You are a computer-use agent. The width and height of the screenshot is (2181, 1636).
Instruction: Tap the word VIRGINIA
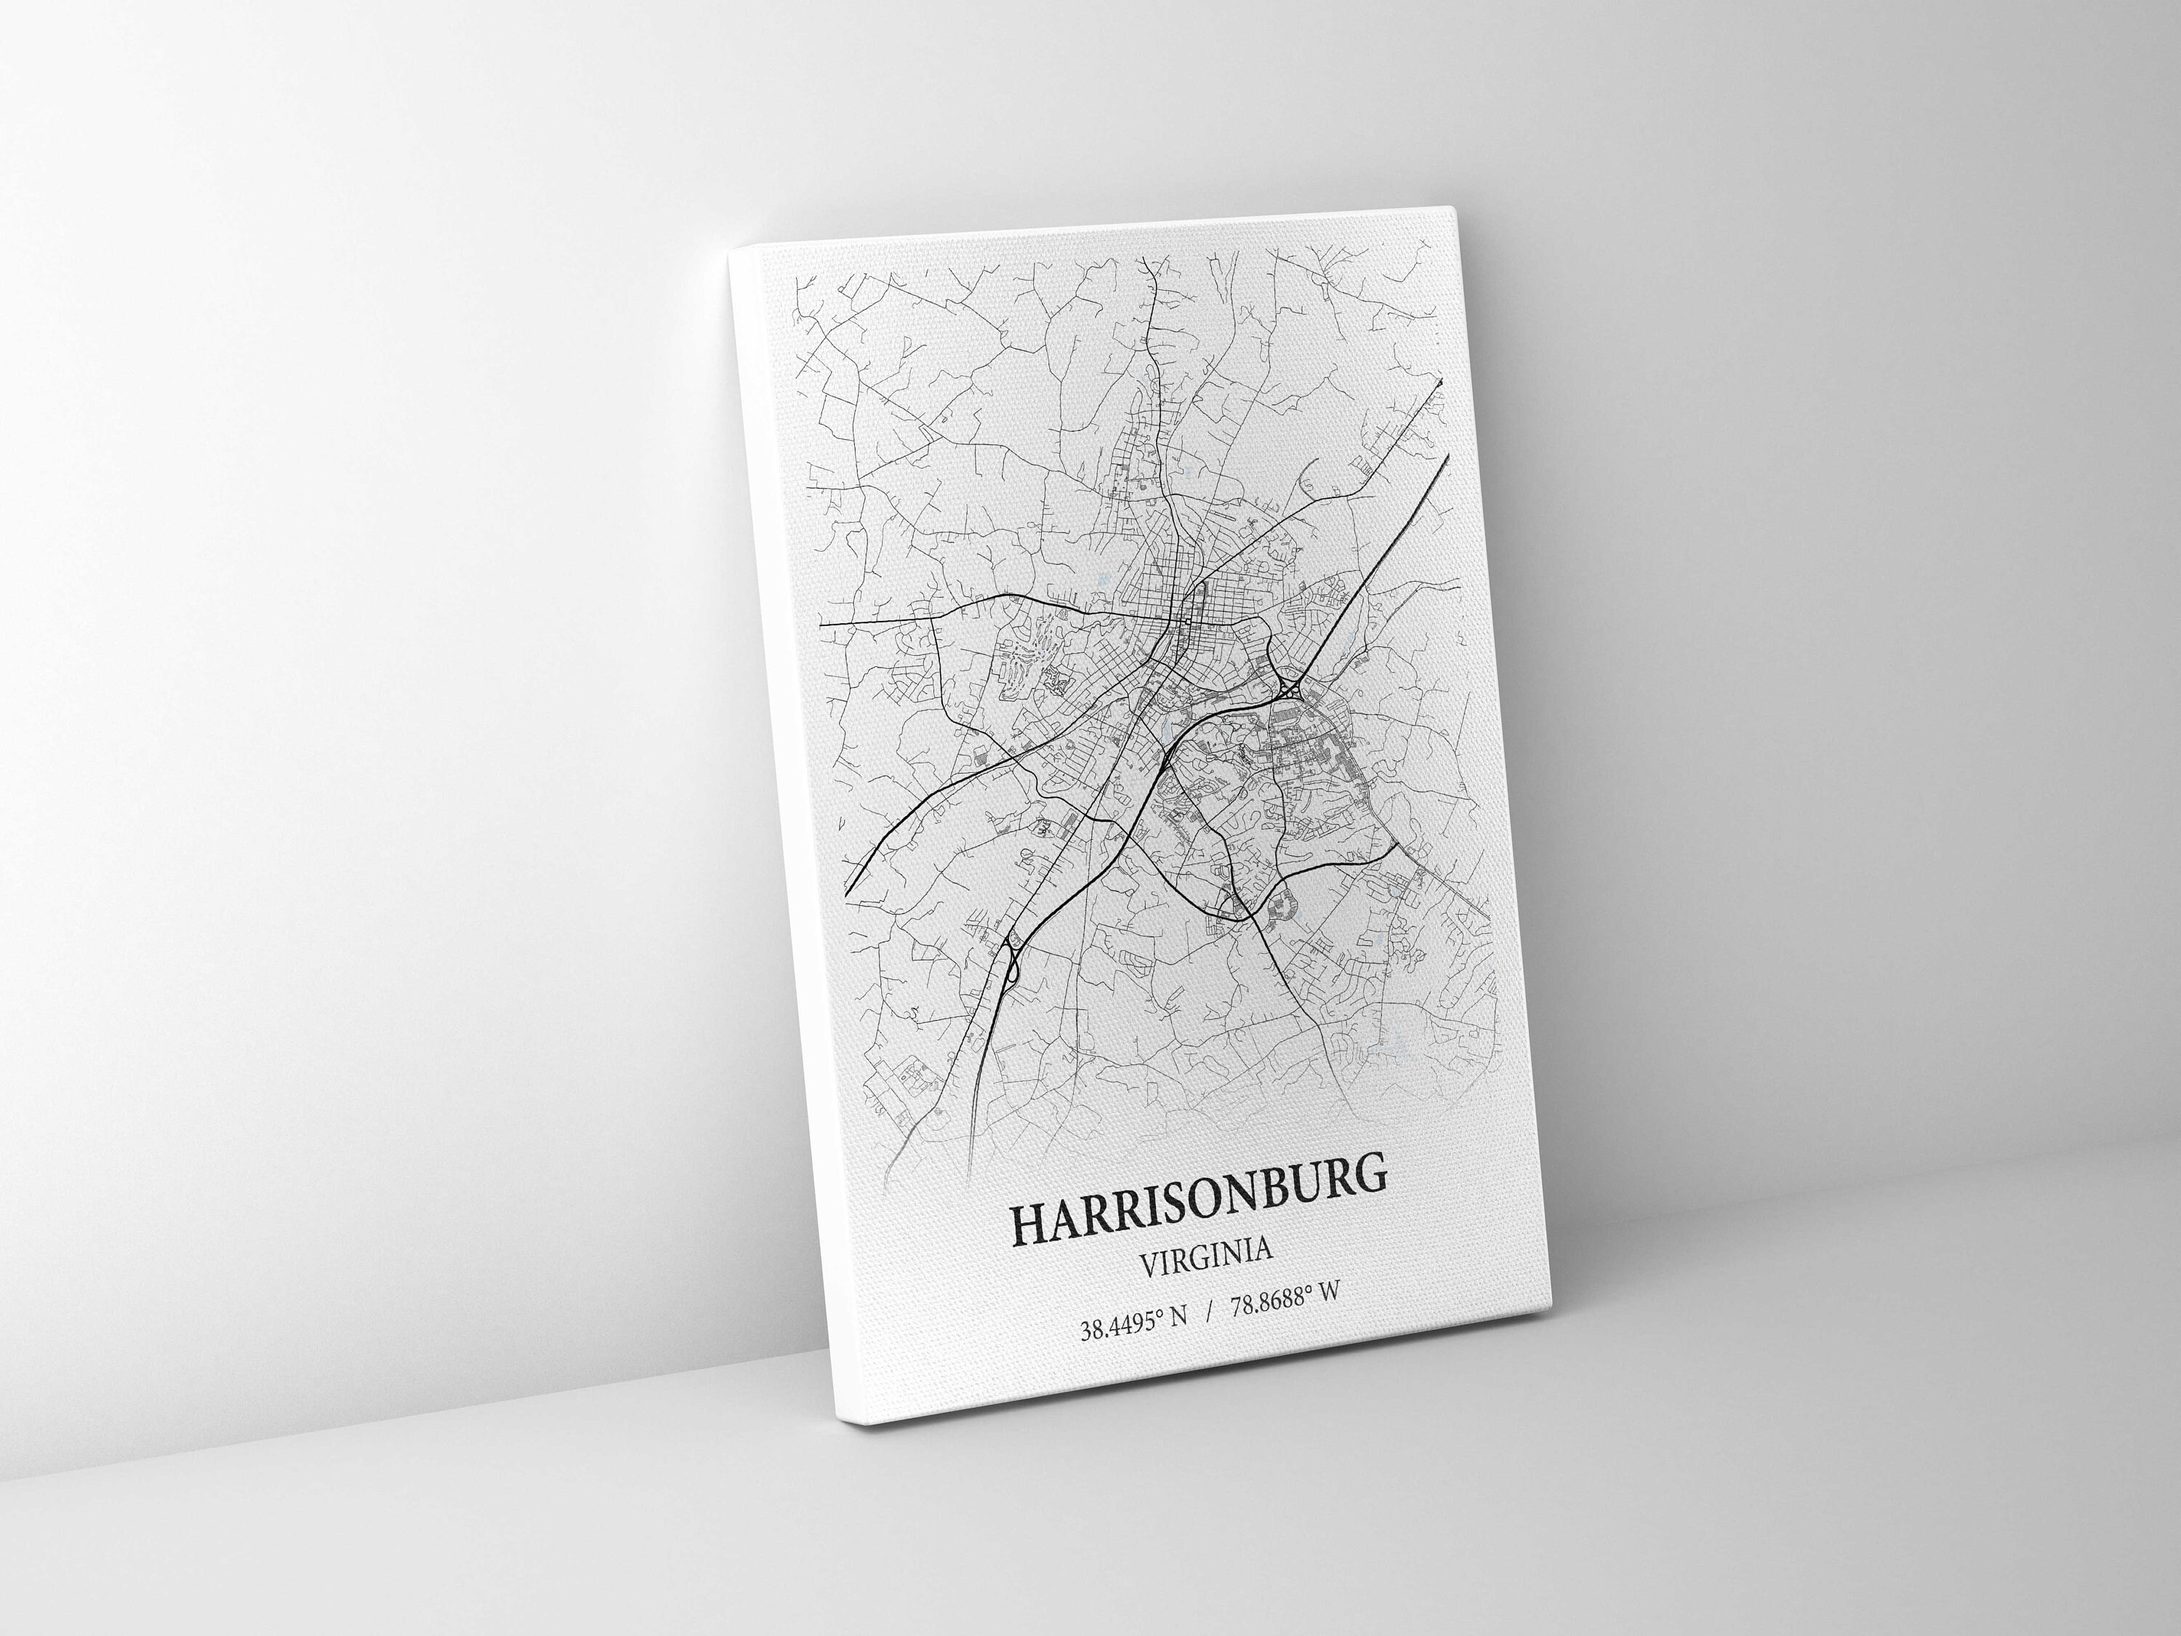pyautogui.click(x=1205, y=1270)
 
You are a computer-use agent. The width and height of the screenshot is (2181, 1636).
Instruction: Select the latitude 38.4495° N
pyautogui.click(x=1135, y=1326)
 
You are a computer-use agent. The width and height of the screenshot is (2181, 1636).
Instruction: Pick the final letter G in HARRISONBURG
pyautogui.click(x=1368, y=1179)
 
